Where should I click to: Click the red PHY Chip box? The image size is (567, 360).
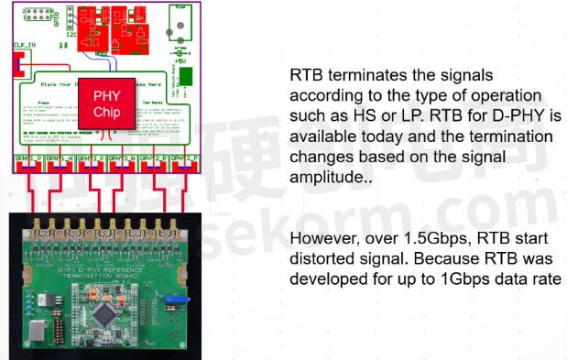pos(106,103)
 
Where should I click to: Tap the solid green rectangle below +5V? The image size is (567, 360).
pos(187,74)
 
